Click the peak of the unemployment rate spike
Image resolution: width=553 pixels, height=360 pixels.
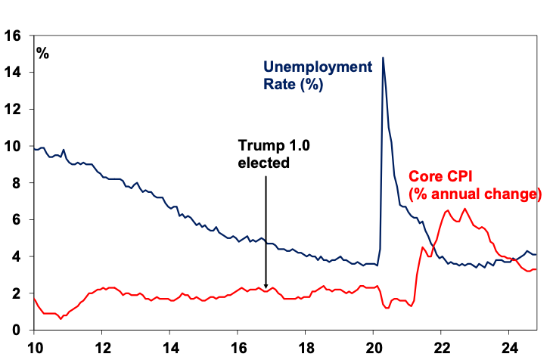[x=383, y=57]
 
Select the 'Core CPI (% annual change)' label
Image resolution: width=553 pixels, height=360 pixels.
[x=475, y=186]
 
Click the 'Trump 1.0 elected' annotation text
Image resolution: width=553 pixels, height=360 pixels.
[x=265, y=154]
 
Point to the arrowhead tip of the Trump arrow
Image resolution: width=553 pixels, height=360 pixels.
[x=266, y=288]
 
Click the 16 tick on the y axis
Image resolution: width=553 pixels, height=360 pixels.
[x=13, y=35]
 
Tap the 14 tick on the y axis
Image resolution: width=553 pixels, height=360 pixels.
[x=13, y=72]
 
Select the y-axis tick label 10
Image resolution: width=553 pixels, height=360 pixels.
[x=13, y=146]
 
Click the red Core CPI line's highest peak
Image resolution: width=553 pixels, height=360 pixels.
[x=464, y=209]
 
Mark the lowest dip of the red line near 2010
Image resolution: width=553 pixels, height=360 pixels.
[x=61, y=319]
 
